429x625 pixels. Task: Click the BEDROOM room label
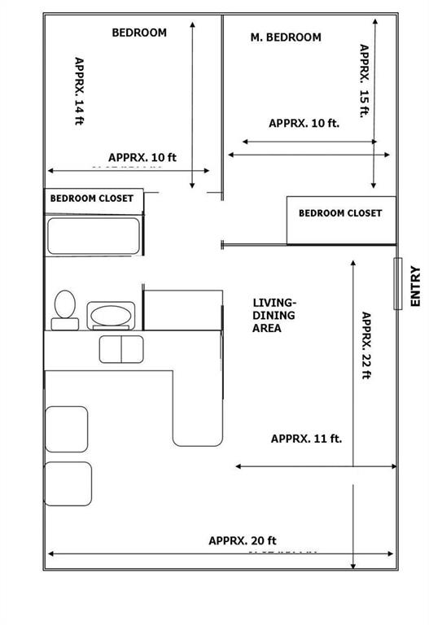(139, 33)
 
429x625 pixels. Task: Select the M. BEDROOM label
(285, 37)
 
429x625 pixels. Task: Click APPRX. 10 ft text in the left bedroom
(142, 157)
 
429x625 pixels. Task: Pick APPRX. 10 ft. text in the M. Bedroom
(304, 124)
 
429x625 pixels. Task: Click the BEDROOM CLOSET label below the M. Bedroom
(339, 213)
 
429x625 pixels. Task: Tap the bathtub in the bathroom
(93, 236)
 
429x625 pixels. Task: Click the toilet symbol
(65, 310)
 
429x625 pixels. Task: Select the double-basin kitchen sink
(120, 348)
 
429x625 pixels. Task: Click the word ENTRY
(415, 286)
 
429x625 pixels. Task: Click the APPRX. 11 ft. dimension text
(306, 439)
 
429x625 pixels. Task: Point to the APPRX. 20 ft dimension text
(243, 540)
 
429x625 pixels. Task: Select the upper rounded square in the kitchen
(66, 428)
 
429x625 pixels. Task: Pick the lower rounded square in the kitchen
(68, 483)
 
